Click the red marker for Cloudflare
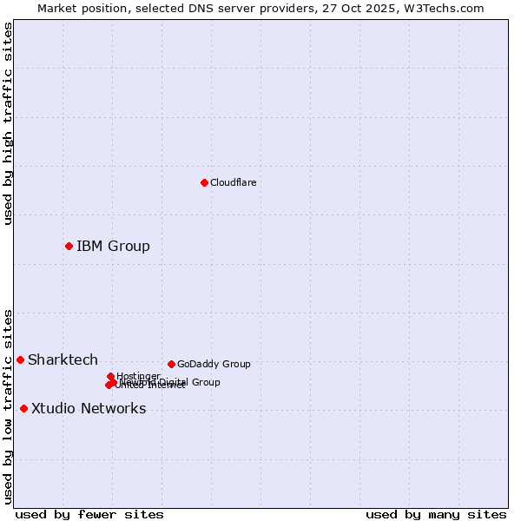point(204,182)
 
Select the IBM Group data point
point(69,246)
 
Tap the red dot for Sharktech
point(20,359)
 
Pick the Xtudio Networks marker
point(23,408)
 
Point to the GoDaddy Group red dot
point(171,364)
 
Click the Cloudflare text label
point(233,182)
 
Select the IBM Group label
point(113,246)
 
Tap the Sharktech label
point(63,359)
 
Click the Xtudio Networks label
point(89,408)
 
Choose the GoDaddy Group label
point(214,364)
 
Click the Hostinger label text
point(138,376)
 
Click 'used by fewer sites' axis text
point(89,514)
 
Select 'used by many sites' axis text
point(436,514)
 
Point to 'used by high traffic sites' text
point(8,123)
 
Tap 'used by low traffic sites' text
point(8,406)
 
